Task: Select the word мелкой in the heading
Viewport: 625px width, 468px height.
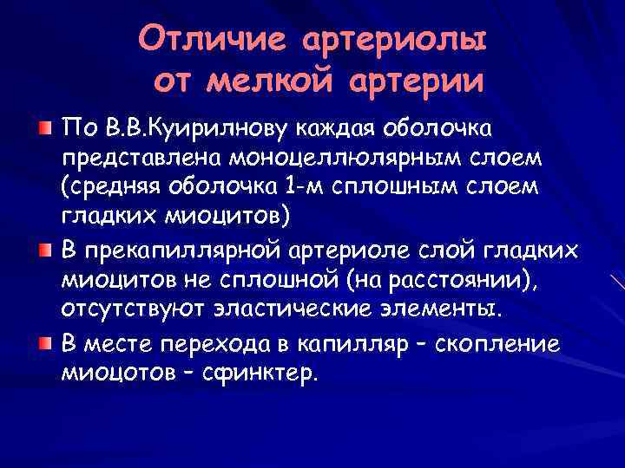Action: [x=267, y=81]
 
